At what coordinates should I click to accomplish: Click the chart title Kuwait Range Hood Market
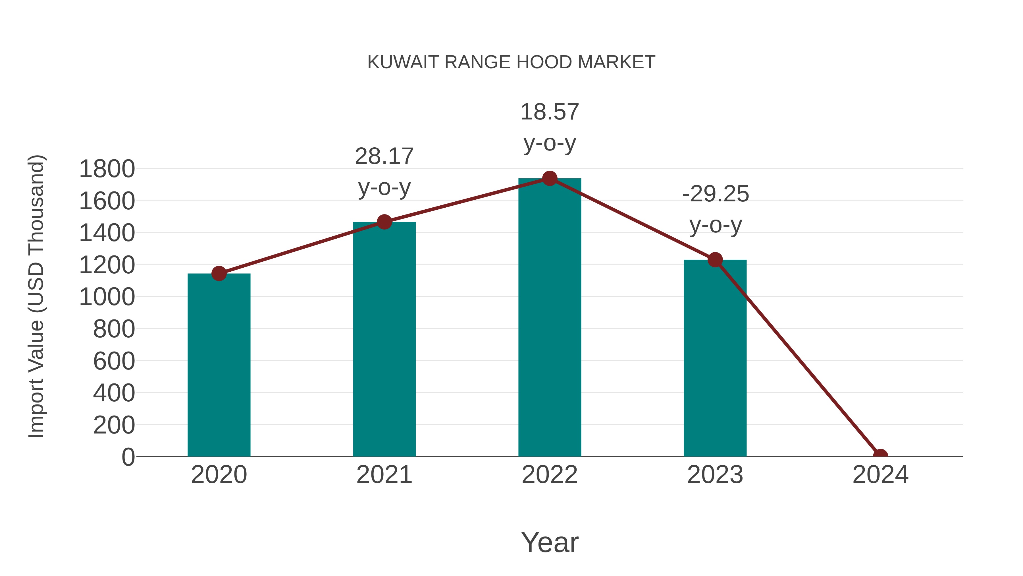pos(511,62)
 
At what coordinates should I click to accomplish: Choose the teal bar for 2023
pos(715,358)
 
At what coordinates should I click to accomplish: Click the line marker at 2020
pos(219,273)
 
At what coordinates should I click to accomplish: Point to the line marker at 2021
pos(384,222)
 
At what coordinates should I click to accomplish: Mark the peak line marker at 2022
pos(550,178)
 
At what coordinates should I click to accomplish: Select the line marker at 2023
pos(715,260)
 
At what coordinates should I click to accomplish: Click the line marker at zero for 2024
pos(880,456)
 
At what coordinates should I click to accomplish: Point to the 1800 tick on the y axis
pos(107,169)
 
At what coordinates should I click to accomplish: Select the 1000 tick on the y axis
pos(107,297)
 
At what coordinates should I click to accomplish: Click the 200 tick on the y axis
pos(114,425)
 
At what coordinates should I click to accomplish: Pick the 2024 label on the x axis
pos(880,475)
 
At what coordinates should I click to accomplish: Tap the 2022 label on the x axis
pos(550,475)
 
